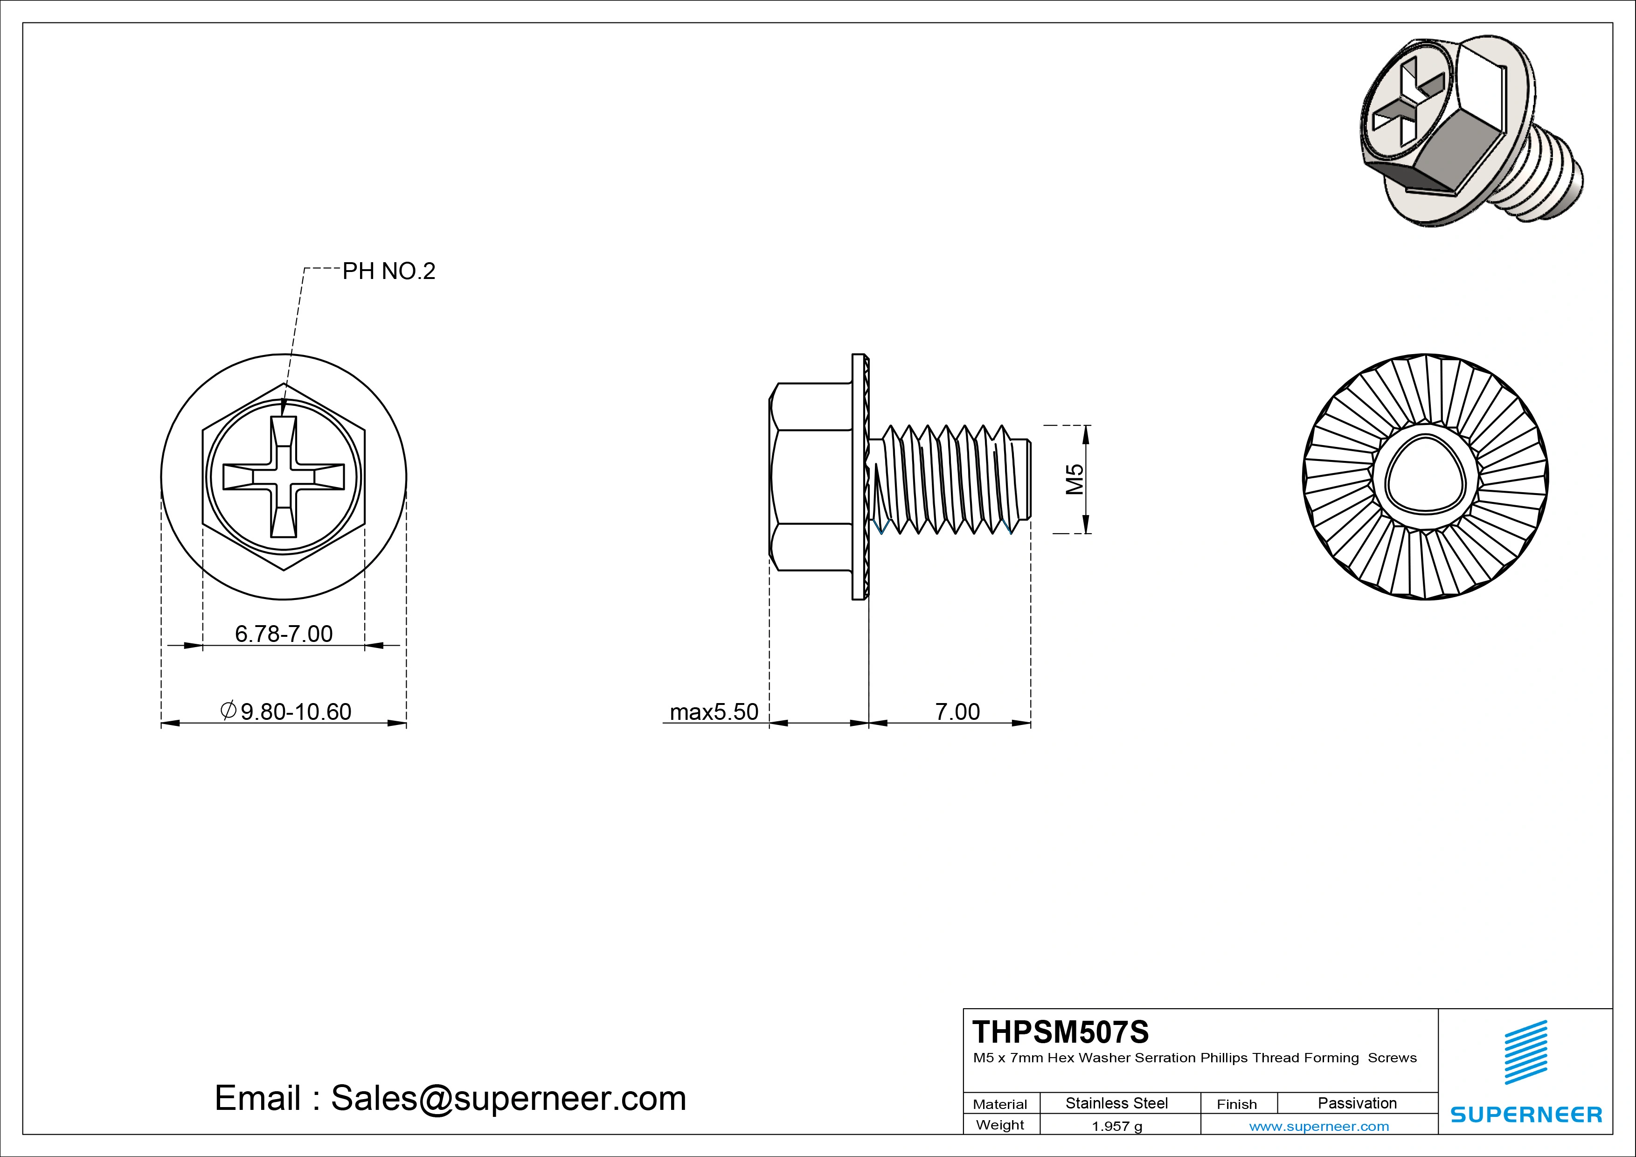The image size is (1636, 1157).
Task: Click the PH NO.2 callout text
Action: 388,272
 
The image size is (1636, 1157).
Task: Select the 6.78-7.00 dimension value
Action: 284,634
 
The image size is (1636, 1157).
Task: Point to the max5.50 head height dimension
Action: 714,711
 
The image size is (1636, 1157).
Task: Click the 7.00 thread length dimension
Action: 957,711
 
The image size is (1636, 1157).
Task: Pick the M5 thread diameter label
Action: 1074,479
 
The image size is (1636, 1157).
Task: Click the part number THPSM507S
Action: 1060,1032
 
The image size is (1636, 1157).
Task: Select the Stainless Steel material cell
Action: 1116,1103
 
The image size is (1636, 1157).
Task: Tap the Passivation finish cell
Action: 1357,1103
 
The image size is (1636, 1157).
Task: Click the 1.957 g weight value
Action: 1116,1126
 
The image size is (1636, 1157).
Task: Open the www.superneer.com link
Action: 1319,1126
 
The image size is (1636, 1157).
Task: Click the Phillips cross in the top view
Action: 284,477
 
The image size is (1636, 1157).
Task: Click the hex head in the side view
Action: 811,477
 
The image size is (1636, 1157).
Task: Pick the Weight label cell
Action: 1000,1125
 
